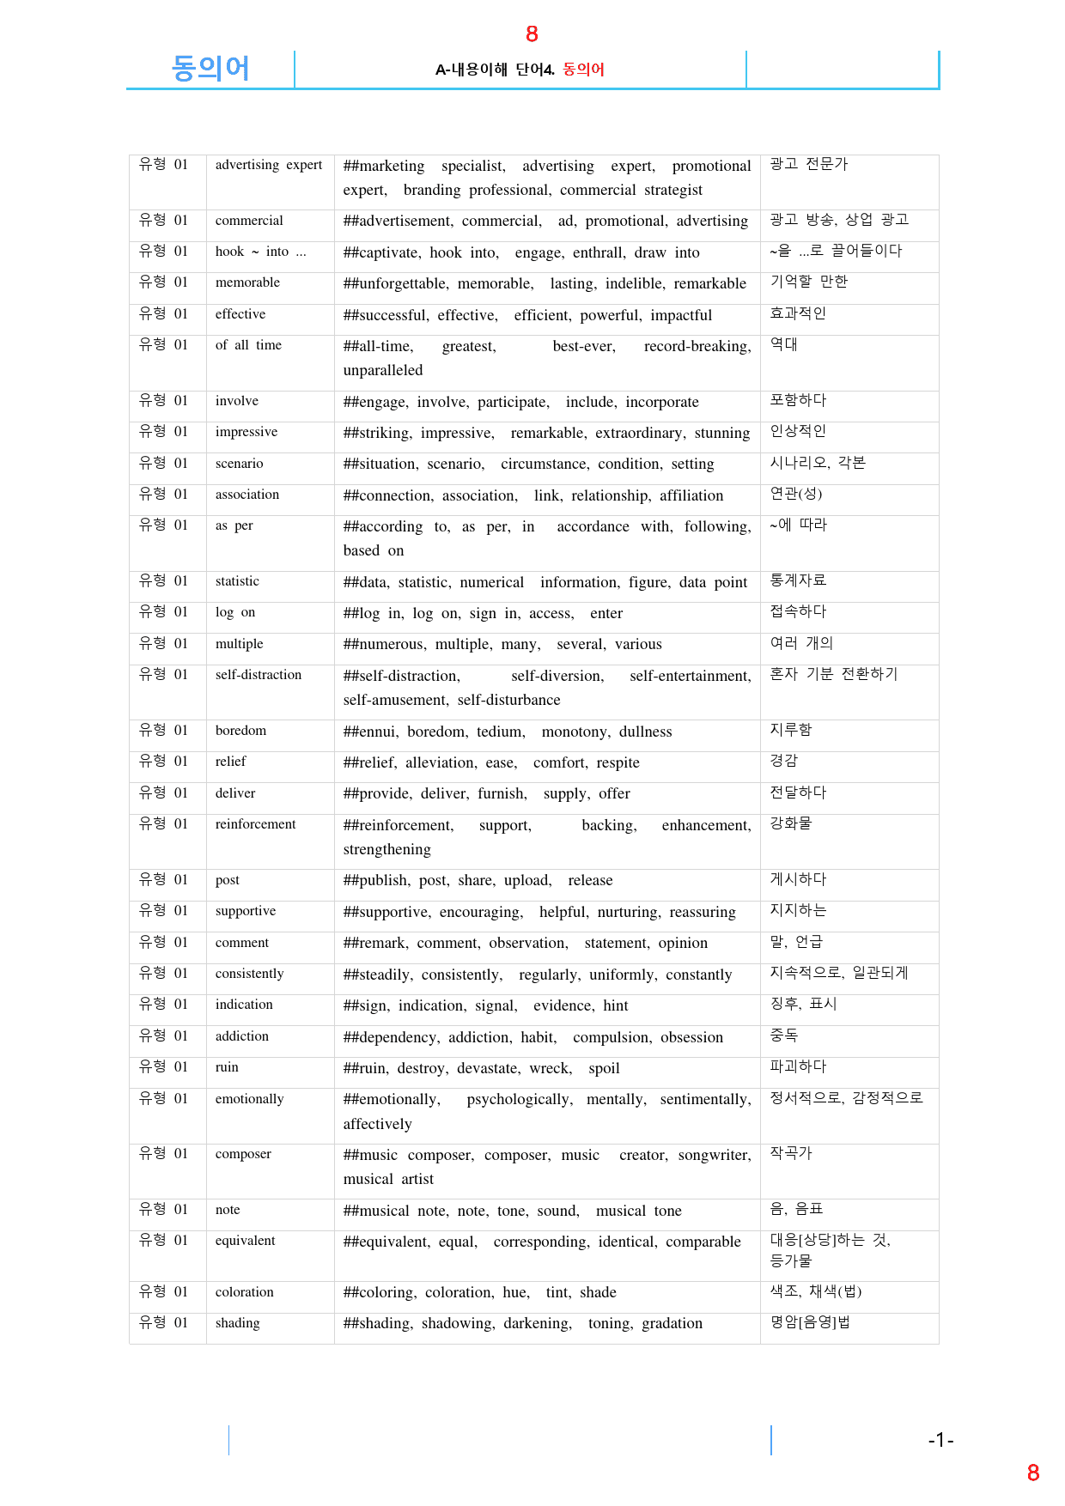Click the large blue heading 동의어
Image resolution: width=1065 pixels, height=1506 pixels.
(210, 68)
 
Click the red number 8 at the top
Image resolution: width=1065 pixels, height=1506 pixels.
(532, 33)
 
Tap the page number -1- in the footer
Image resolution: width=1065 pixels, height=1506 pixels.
(940, 1440)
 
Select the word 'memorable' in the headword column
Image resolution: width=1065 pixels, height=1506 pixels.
(247, 282)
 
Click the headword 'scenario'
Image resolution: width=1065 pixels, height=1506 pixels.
(239, 464)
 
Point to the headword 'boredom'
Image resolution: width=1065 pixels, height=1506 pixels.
(240, 731)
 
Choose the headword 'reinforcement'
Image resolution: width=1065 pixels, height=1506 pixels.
(255, 824)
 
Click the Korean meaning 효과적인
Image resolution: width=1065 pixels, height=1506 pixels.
(798, 313)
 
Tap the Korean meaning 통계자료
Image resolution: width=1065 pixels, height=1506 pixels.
(798, 580)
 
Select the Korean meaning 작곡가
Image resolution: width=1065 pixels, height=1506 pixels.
(790, 1153)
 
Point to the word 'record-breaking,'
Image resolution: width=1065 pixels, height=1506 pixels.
(697, 346)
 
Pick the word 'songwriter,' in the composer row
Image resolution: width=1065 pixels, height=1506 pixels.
(715, 1155)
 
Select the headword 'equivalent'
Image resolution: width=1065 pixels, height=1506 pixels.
(245, 1241)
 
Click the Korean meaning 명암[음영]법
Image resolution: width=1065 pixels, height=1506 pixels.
(810, 1322)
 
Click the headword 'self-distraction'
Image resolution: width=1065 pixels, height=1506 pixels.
(259, 675)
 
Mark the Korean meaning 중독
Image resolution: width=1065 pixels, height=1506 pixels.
(783, 1035)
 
